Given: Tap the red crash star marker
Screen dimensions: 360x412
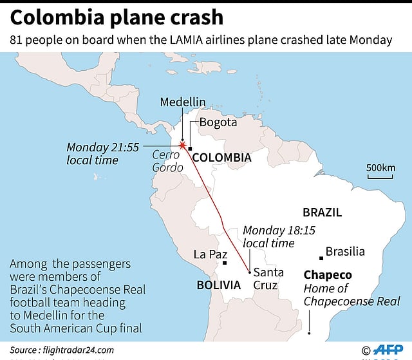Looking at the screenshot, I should coord(182,146).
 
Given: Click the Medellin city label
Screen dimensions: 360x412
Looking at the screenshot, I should coord(183,102).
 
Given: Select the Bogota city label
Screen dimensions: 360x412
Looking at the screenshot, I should coord(218,122).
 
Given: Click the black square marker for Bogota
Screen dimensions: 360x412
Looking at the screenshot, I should coord(191,149).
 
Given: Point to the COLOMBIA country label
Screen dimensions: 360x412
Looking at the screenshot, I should coord(222,157).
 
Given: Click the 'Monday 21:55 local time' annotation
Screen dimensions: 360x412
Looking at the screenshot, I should coord(102,153).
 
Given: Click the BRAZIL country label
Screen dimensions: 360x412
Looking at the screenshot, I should coord(322,213).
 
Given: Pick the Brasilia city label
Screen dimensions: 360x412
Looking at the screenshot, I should coord(345,252).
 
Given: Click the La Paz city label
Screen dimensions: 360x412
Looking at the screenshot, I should coord(210,254).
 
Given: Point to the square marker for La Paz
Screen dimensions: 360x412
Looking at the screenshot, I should coord(225,262).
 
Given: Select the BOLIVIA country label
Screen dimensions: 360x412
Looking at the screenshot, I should coord(219,284).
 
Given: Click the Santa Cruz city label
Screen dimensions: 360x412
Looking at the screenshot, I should coord(266,279).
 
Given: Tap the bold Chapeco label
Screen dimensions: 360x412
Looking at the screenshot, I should coord(328,274).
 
